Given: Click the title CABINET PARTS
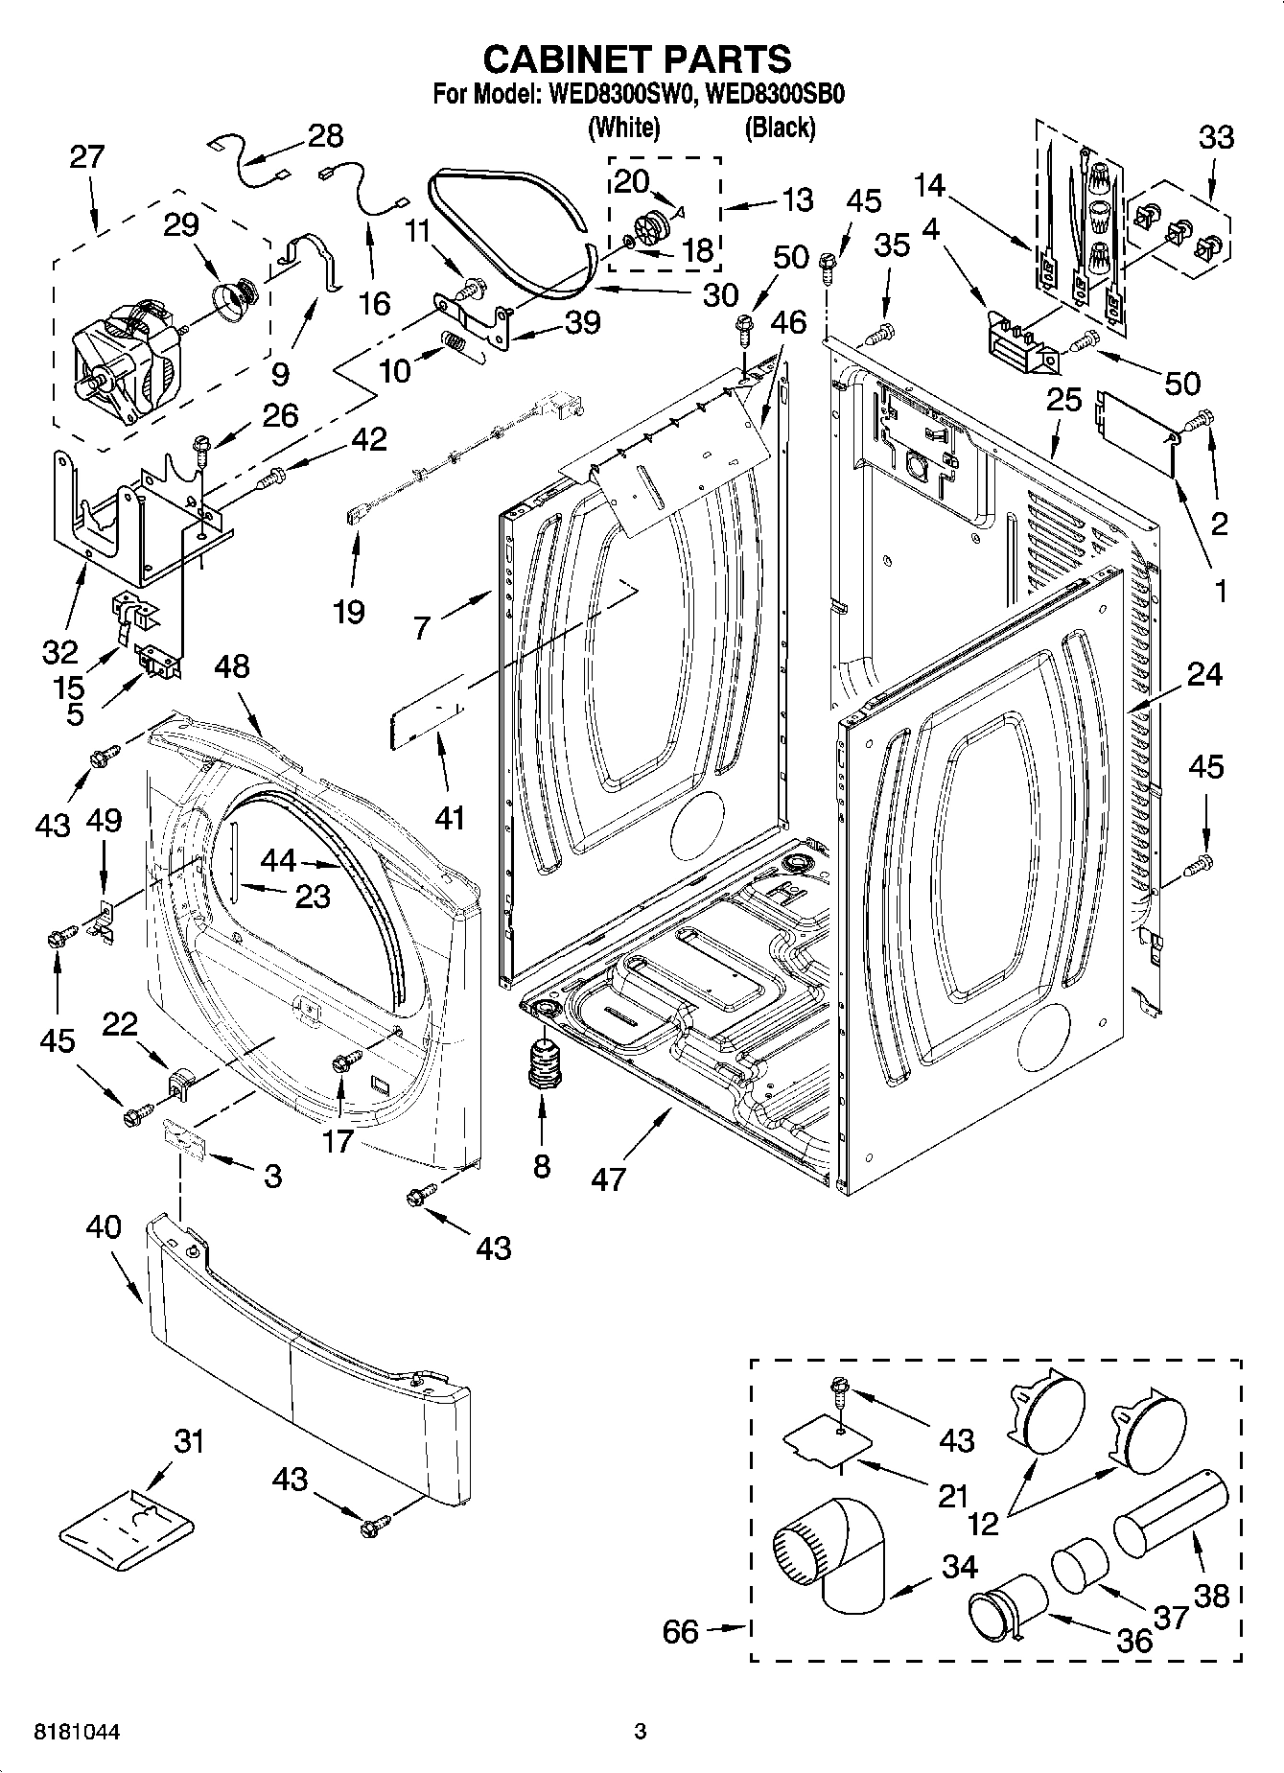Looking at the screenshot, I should tap(637, 58).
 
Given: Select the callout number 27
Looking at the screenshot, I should tap(86, 157).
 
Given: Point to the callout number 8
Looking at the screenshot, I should tap(542, 1166).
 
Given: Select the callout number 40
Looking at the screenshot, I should tap(104, 1226).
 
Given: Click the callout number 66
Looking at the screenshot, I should tap(681, 1631).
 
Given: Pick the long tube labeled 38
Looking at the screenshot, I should tap(1171, 1512).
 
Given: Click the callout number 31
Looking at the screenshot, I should tap(189, 1441).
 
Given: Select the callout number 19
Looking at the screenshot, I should tap(349, 611).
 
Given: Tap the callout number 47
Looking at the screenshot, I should tap(609, 1178).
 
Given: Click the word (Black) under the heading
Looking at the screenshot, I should tap(780, 127).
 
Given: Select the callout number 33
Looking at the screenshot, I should tap(1216, 137).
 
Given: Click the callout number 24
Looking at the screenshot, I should tap(1205, 674).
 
